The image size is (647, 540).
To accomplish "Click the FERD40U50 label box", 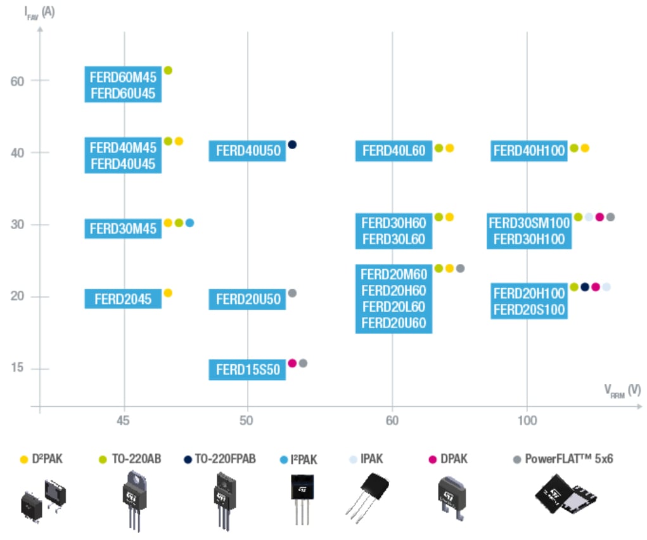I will point(248,151).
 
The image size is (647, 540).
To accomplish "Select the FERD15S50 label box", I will point(248,370).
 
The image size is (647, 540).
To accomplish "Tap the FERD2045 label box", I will point(123,299).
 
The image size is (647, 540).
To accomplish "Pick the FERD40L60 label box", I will point(394,151).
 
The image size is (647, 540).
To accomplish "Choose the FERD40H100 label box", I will point(528,151).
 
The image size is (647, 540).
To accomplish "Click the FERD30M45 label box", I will point(123,228).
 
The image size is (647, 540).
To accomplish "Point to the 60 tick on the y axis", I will point(18,81).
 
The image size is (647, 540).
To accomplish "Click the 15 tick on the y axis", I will point(18,369).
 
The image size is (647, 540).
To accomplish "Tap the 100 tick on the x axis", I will point(527,421).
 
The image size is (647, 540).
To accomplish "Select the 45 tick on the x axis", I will point(124,421).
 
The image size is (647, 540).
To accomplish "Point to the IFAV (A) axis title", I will point(39,11).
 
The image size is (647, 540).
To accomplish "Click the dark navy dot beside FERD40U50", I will point(292,144).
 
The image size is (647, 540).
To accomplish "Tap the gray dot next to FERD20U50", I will point(292,293).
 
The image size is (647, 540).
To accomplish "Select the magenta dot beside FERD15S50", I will point(292,363).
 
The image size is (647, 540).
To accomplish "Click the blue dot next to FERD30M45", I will point(189,223).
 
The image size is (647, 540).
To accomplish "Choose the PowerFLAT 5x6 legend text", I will point(568,459).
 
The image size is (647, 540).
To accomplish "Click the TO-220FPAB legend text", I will point(224,459).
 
